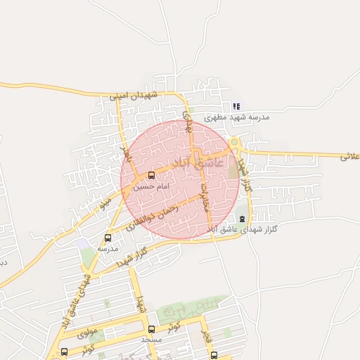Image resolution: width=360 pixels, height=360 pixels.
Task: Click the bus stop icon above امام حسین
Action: (152, 176)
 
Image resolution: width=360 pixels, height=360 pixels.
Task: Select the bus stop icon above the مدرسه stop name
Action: (108, 238)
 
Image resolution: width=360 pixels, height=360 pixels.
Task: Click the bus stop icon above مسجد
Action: (151, 329)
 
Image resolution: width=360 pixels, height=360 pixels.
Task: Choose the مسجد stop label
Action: (151, 340)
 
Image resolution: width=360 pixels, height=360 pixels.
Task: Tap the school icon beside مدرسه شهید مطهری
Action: (236, 107)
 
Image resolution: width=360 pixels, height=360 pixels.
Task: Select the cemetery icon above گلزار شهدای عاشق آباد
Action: (243, 217)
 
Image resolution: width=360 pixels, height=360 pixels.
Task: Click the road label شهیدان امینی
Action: (141, 95)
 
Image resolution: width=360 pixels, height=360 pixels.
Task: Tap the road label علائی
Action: (349, 156)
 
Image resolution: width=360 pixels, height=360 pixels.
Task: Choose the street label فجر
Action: (205, 330)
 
